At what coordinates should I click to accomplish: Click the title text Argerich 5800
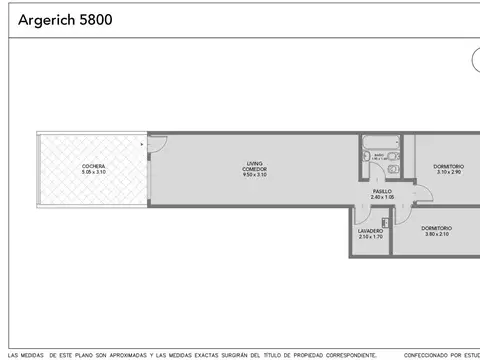(x=57, y=19)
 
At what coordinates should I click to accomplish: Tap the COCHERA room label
(x=93, y=166)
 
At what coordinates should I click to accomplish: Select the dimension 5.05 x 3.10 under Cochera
(x=93, y=173)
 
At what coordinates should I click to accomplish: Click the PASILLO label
(x=382, y=191)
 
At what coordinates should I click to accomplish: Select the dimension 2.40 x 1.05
(x=382, y=197)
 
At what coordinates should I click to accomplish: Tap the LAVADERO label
(x=370, y=231)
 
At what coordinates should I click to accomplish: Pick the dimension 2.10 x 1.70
(x=370, y=237)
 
